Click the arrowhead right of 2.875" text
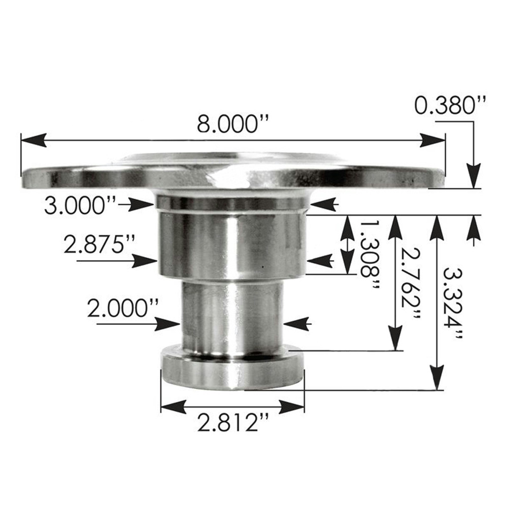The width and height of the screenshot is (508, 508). [145, 261]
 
